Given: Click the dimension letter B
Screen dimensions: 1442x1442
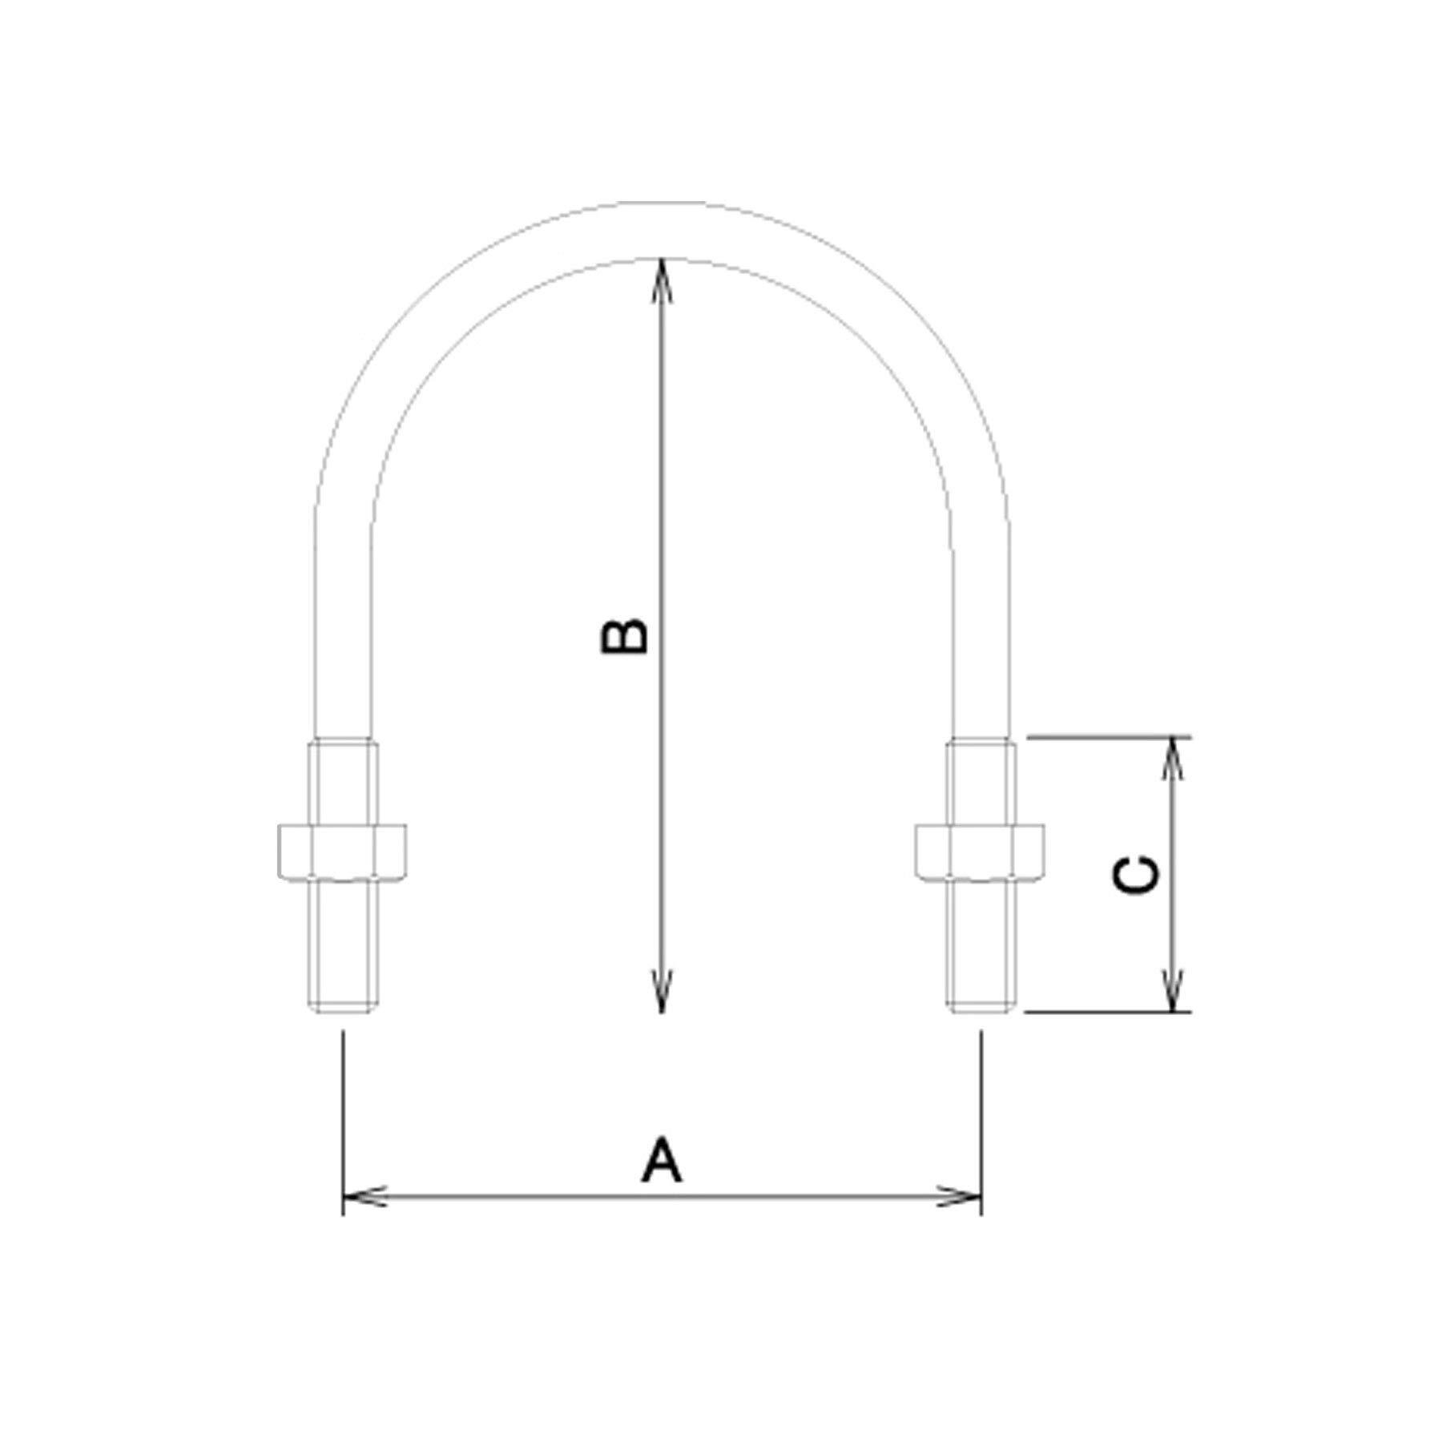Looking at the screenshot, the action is pos(624,636).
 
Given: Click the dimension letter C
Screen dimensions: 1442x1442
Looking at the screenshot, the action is pos(1136,874).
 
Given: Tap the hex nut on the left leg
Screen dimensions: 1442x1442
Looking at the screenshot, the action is pos(342,850).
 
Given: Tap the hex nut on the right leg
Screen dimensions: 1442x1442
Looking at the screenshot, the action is pos(980,850).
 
